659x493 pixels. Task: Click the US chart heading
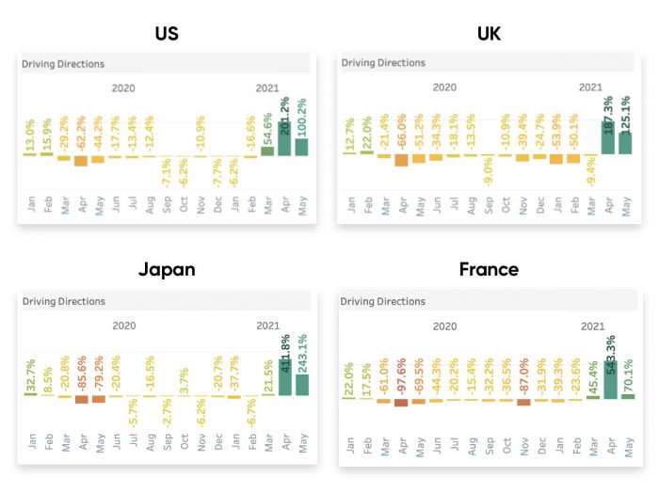(x=166, y=34)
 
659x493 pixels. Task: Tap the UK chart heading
(x=489, y=34)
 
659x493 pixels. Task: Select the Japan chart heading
(x=167, y=269)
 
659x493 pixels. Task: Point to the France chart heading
(x=490, y=269)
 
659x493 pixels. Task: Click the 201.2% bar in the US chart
(x=285, y=143)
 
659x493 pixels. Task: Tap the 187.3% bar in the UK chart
(x=607, y=137)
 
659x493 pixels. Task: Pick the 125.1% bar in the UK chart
(x=624, y=143)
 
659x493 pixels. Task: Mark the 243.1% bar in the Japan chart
(x=302, y=386)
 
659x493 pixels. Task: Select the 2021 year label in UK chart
(x=590, y=87)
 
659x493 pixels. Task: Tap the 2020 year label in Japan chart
(x=124, y=325)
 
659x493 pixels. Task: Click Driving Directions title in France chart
(x=382, y=302)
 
